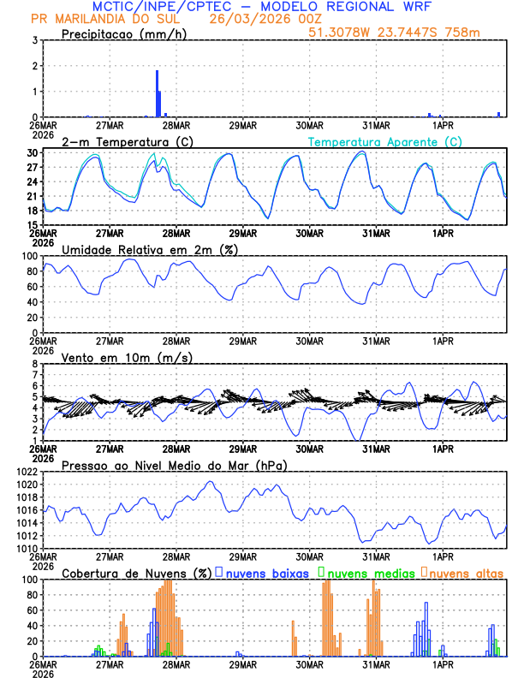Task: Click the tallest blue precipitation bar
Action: [x=158, y=94]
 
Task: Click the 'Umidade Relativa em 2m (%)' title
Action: [x=150, y=249]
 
